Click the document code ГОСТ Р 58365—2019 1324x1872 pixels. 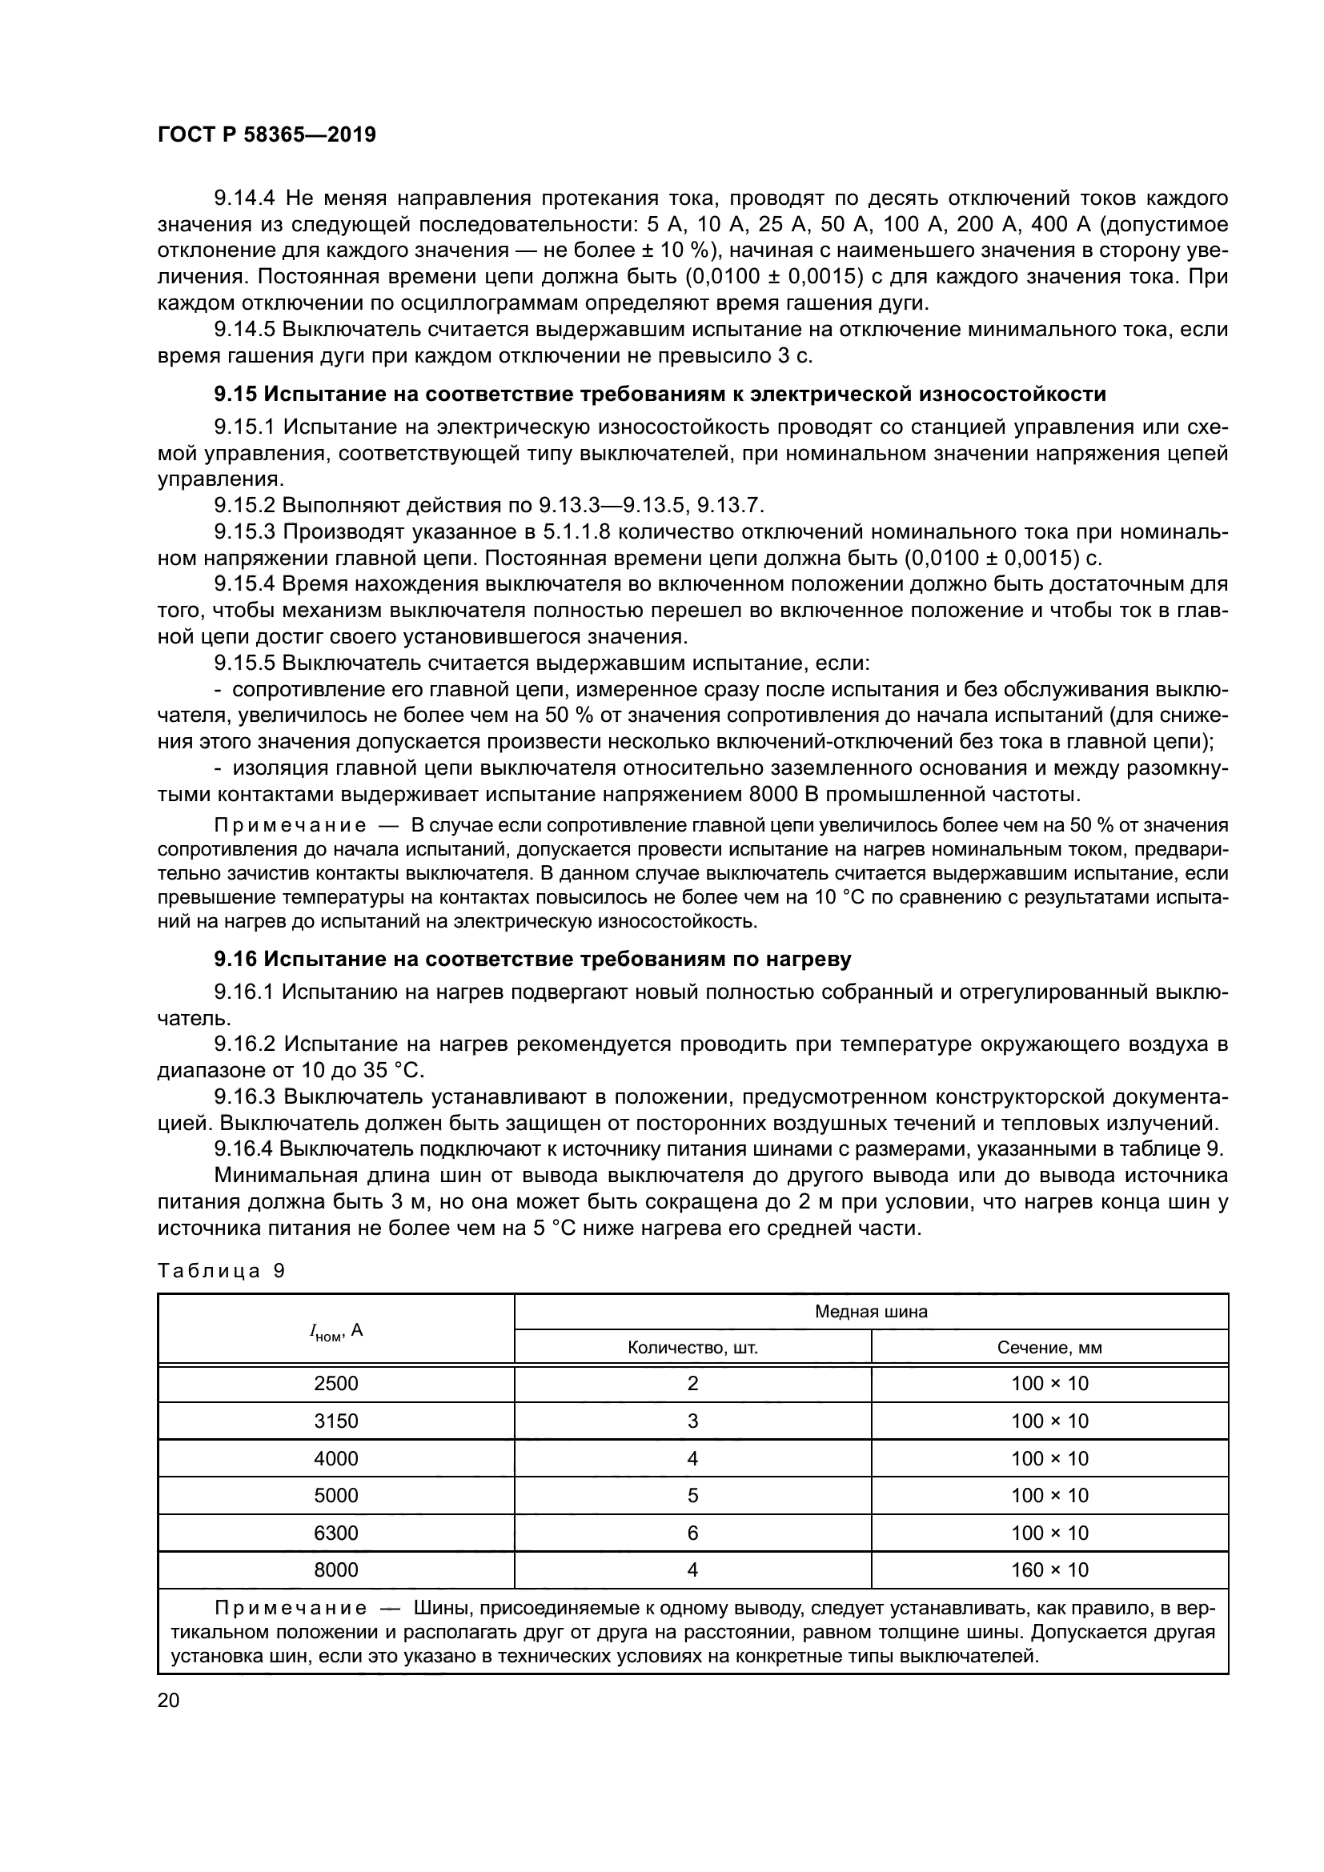[267, 135]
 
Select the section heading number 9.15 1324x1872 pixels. [235, 395]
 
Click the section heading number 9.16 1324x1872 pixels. [235, 960]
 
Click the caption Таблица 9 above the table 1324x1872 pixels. [221, 1271]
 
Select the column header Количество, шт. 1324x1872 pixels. [692, 1348]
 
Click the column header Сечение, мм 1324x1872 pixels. [1049, 1348]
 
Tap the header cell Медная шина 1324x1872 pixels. [871, 1312]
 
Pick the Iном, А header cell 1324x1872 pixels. [336, 1332]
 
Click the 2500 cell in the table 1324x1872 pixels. [336, 1384]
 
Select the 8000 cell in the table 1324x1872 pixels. [336, 1569]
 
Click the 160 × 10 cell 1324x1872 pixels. [1049, 1569]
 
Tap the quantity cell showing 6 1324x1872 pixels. [692, 1533]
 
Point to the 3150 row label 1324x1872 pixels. [336, 1421]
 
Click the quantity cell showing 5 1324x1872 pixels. [692, 1495]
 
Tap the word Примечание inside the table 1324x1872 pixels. [291, 1609]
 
